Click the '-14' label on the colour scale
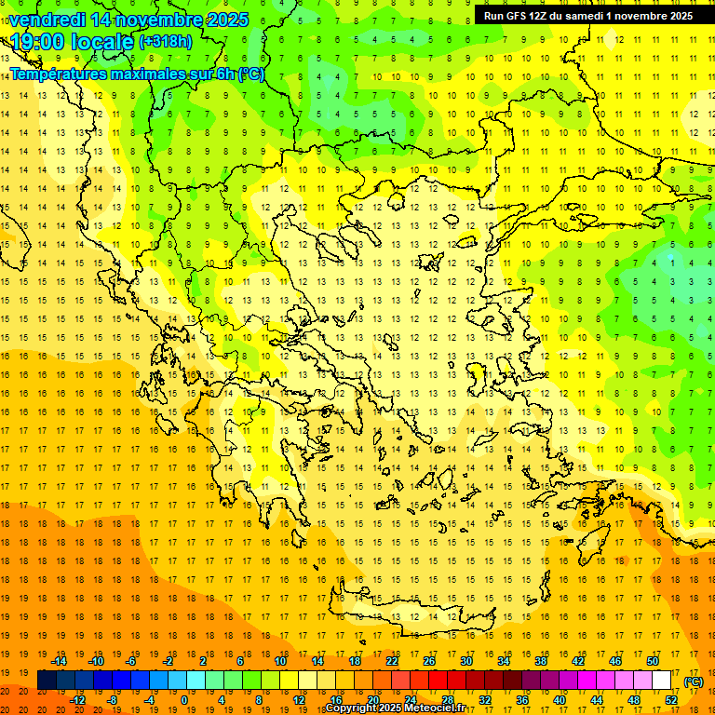coord(60,661)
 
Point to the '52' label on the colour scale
coord(671,700)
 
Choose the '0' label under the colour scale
coord(183,700)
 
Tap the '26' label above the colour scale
coord(429,661)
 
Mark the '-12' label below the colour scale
coord(77,700)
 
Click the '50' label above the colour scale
coord(653,661)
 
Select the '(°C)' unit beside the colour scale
coord(694,681)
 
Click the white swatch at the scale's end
coord(661,681)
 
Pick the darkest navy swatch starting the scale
coord(47,681)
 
